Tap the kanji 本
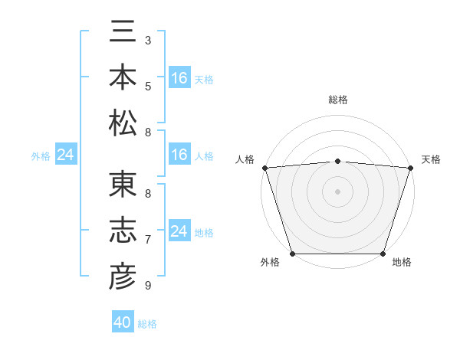[123, 78]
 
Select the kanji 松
[123, 122]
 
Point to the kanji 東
[123, 185]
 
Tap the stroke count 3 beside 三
[147, 39]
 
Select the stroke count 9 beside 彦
[147, 286]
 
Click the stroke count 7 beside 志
[147, 240]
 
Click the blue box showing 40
[123, 322]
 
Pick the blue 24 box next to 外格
[65, 155]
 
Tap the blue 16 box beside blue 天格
[179, 78]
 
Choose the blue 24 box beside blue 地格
[179, 231]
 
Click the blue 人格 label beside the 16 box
[204, 156]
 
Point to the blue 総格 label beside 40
[147, 324]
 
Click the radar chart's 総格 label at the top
[337, 100]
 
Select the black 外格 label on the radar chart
[270, 262]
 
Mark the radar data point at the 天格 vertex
[410, 167]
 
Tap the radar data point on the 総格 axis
[337, 161]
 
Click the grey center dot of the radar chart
[337, 191]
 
